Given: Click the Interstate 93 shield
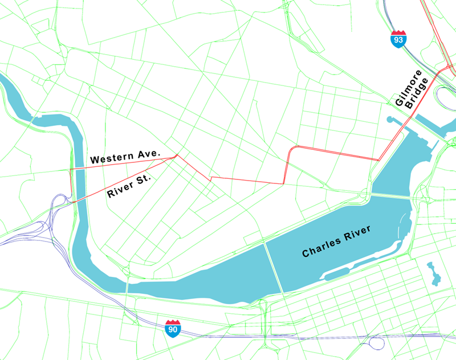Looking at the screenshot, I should click(398, 39).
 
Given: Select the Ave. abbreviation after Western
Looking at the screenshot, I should click(147, 155).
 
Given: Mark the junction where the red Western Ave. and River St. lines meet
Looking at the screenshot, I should click(177, 155).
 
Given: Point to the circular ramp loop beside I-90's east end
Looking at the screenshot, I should click(377, 343).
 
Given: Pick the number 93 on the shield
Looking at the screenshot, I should click(398, 41).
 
